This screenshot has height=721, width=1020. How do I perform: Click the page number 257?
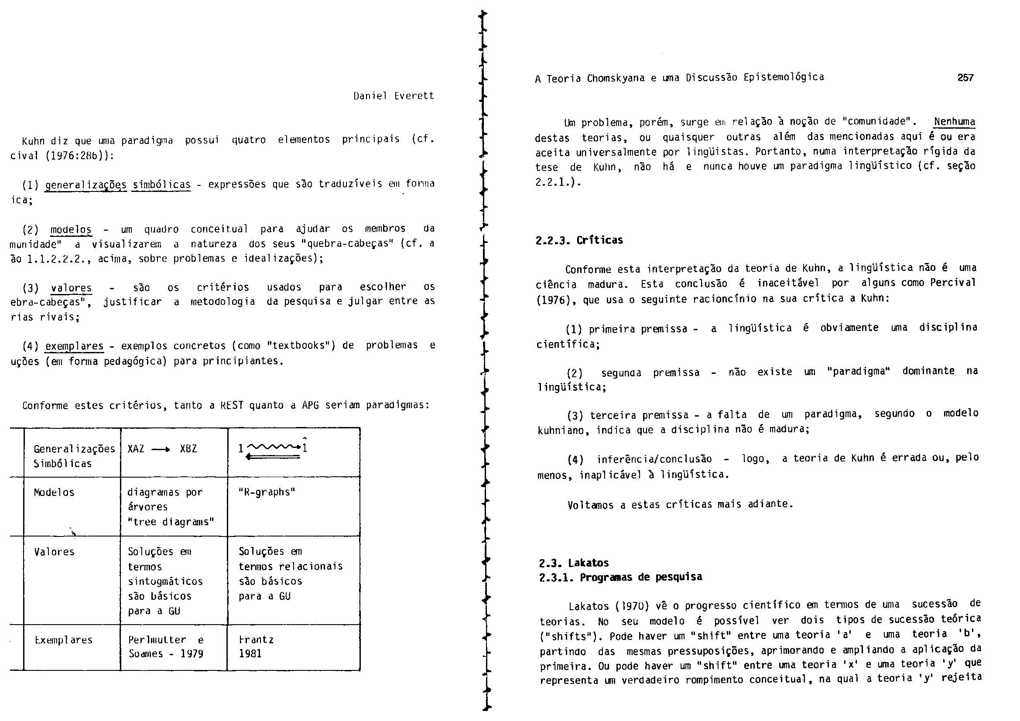pyautogui.click(x=965, y=78)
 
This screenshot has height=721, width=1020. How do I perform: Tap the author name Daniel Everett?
pyautogui.click(x=394, y=96)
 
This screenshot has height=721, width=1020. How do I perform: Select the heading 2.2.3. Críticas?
pyautogui.click(x=579, y=240)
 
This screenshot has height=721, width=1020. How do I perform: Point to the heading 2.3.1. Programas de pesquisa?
pyautogui.click(x=621, y=577)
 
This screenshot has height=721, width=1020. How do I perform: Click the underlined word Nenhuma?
pyautogui.click(x=954, y=122)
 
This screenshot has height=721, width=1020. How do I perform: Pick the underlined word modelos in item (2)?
pyautogui.click(x=71, y=230)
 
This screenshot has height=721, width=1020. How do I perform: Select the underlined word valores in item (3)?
pyautogui.click(x=71, y=288)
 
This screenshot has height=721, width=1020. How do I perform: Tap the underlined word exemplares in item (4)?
pyautogui.click(x=74, y=345)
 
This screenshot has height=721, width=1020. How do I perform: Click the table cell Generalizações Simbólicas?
pyautogui.click(x=74, y=456)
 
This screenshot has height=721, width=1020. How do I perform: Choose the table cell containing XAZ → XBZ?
pyautogui.click(x=162, y=449)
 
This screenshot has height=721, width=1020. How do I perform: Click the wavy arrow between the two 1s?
pyautogui.click(x=273, y=447)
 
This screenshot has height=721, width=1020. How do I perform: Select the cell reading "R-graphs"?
pyautogui.click(x=267, y=492)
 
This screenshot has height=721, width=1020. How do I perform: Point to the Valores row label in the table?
pyautogui.click(x=54, y=552)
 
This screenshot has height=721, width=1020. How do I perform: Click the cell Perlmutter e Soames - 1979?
pyautogui.click(x=166, y=646)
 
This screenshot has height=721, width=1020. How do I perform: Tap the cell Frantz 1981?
pyautogui.click(x=256, y=646)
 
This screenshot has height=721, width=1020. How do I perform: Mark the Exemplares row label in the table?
pyautogui.click(x=64, y=640)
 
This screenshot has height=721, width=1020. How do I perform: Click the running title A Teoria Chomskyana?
pyautogui.click(x=679, y=78)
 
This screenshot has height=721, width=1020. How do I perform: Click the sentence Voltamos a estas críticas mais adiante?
pyautogui.click(x=680, y=504)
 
